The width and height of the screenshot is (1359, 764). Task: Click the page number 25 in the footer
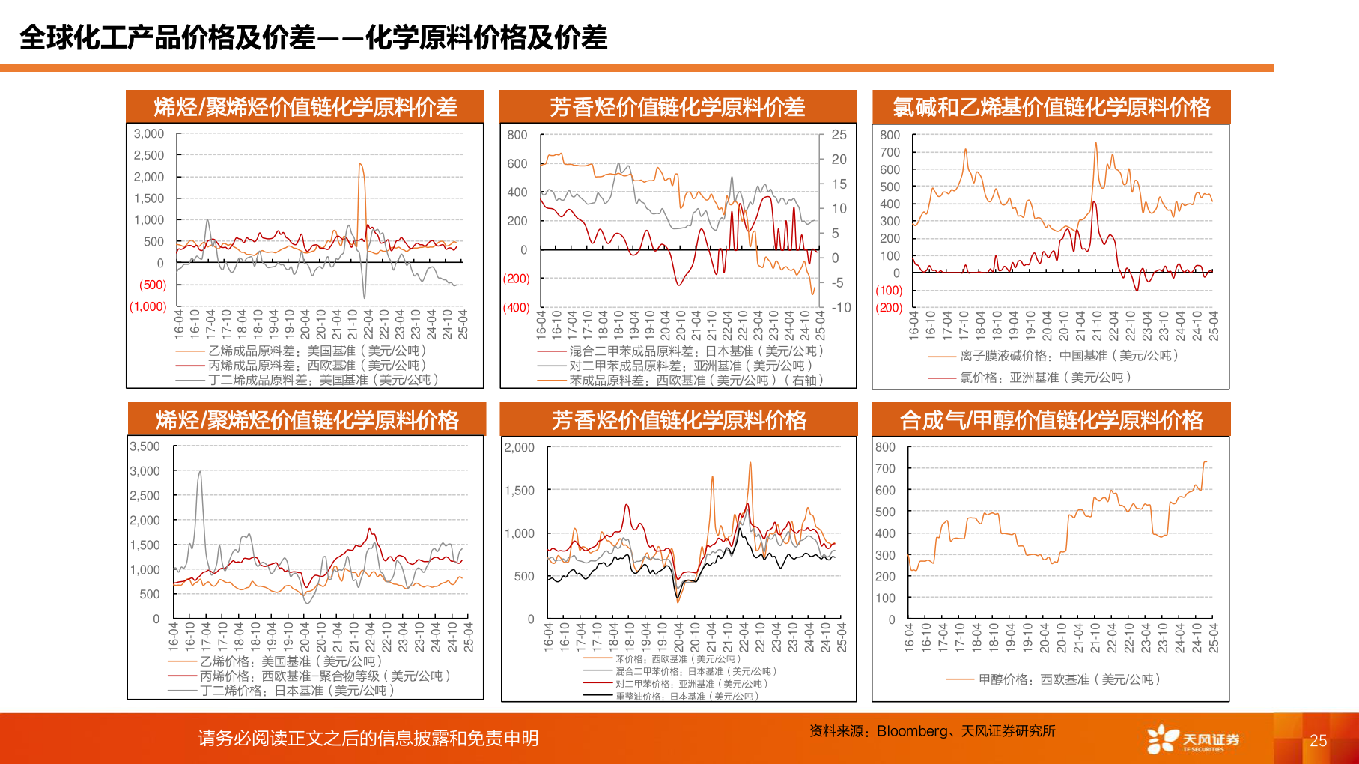tap(1318, 741)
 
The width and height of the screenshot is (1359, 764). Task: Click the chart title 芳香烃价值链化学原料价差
tap(677, 107)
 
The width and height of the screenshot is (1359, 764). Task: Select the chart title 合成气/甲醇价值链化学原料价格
tap(1051, 420)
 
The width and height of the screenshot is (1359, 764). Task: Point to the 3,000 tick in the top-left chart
tap(149, 134)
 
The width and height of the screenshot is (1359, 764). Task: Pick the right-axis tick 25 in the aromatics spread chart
tap(839, 135)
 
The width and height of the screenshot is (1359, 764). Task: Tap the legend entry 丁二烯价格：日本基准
tap(297, 691)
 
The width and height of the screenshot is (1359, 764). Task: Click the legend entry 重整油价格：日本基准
tap(686, 697)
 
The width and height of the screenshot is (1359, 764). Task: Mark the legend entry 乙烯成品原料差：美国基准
tap(317, 351)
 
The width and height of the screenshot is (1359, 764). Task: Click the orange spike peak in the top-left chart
tap(361, 164)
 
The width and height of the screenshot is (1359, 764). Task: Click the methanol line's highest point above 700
tap(1205, 462)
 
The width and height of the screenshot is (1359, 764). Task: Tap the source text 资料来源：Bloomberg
tap(931, 731)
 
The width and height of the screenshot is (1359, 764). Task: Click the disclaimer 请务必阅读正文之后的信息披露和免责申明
tap(368, 739)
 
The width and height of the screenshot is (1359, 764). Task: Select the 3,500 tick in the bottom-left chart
tap(145, 446)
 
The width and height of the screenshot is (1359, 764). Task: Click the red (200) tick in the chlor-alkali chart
tap(889, 308)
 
